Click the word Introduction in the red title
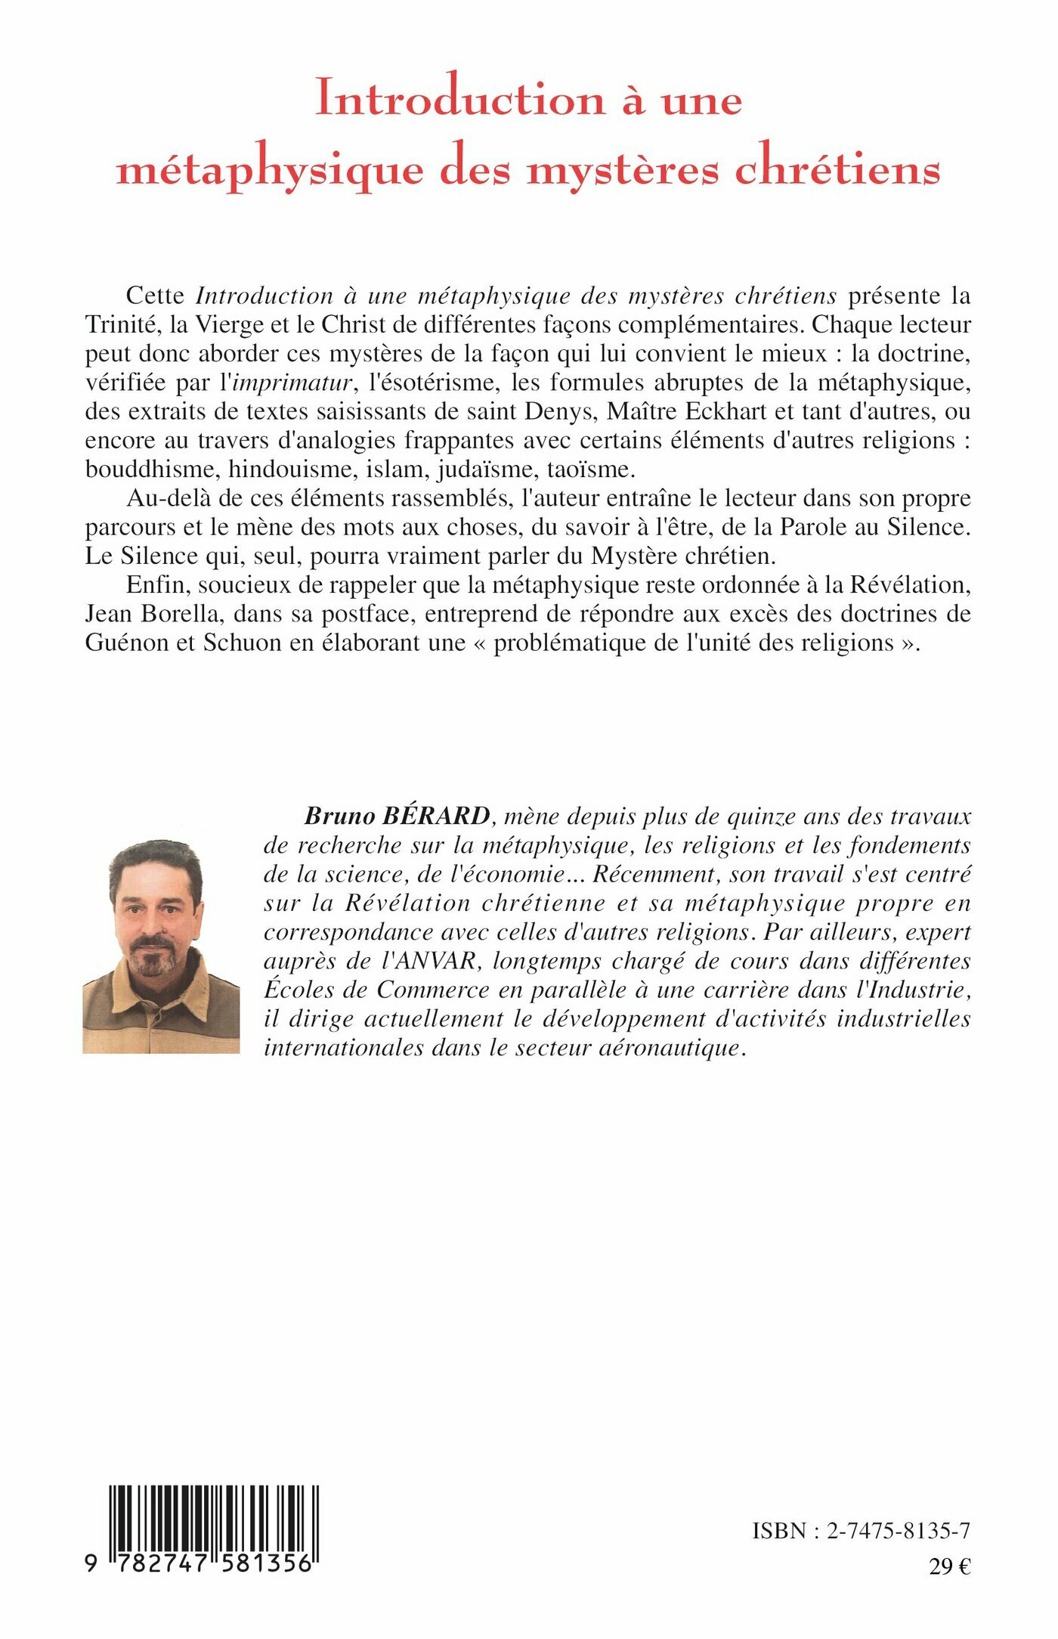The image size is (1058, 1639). tap(459, 98)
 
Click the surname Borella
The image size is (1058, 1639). tap(186, 614)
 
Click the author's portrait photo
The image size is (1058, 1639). tap(161, 945)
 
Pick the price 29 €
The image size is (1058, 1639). tap(949, 1567)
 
